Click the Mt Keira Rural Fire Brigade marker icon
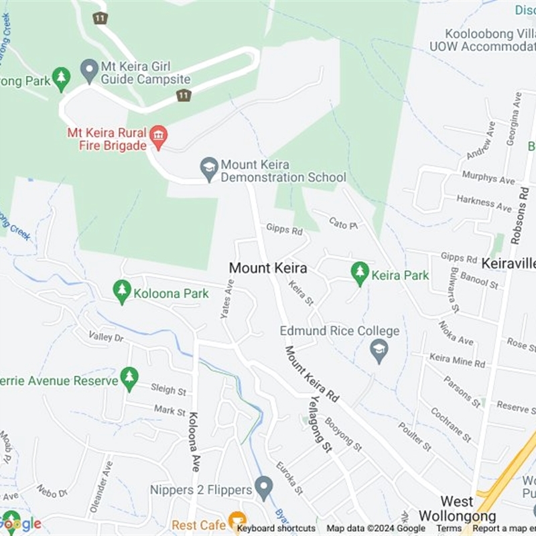[158, 135]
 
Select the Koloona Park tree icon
[122, 292]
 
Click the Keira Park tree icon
[360, 273]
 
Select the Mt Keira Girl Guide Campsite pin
[89, 69]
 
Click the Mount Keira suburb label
[268, 268]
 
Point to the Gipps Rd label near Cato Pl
[284, 229]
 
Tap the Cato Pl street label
[342, 223]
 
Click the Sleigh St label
[168, 389]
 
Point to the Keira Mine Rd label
[457, 360]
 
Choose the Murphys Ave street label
[488, 178]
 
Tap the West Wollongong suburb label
[457, 509]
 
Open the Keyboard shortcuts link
[276, 529]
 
